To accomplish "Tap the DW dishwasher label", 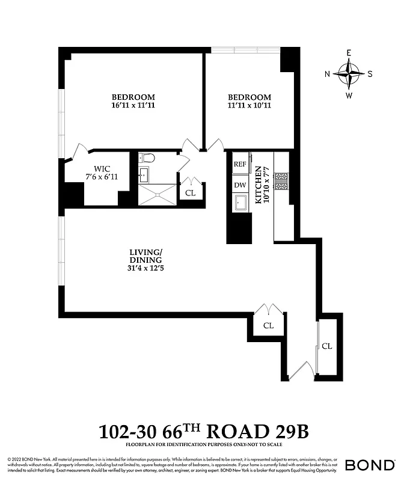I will (x=240, y=185).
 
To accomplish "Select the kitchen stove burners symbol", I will (x=281, y=180).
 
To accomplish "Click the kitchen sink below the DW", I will (x=240, y=203).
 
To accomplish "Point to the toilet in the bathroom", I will (x=146, y=159).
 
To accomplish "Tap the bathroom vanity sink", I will (x=144, y=176).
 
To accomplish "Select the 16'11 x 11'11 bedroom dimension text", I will (x=133, y=106).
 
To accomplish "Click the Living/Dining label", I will (x=146, y=256).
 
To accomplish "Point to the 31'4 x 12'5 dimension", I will (x=146, y=268).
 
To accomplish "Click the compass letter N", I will (x=328, y=74).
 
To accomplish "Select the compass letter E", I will (x=349, y=53).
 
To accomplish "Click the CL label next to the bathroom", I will (x=191, y=193).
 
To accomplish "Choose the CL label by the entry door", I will (x=327, y=346).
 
